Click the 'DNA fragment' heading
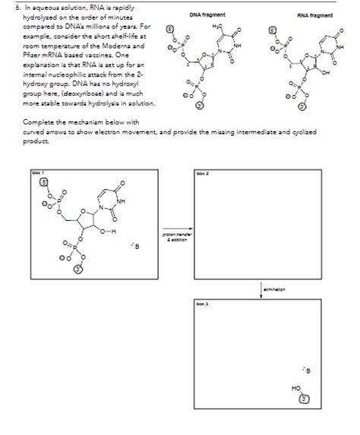pos(207,15)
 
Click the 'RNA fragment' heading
pos(314,15)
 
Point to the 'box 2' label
pos(201,174)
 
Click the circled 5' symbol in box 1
pos(43,183)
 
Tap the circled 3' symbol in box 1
pos(77,270)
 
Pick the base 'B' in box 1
pos(137,244)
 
